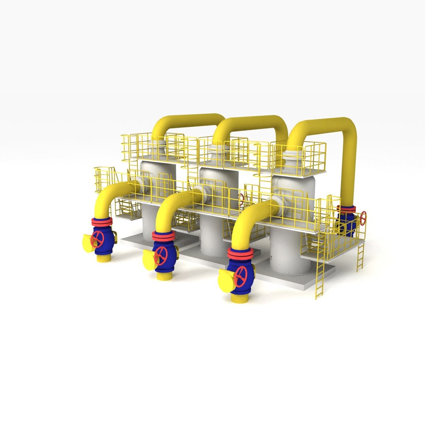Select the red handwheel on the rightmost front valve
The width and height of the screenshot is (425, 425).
pyautogui.click(x=240, y=277)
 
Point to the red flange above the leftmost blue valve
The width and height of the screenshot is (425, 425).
pyautogui.click(x=102, y=222)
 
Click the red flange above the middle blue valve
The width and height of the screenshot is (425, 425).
pyautogui.click(x=164, y=236)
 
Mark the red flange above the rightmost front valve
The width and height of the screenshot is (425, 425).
pyautogui.click(x=240, y=253)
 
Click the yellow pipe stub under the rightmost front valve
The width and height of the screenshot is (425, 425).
pyautogui.click(x=240, y=298)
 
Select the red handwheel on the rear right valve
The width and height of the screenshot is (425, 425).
pyautogui.click(x=363, y=218)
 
